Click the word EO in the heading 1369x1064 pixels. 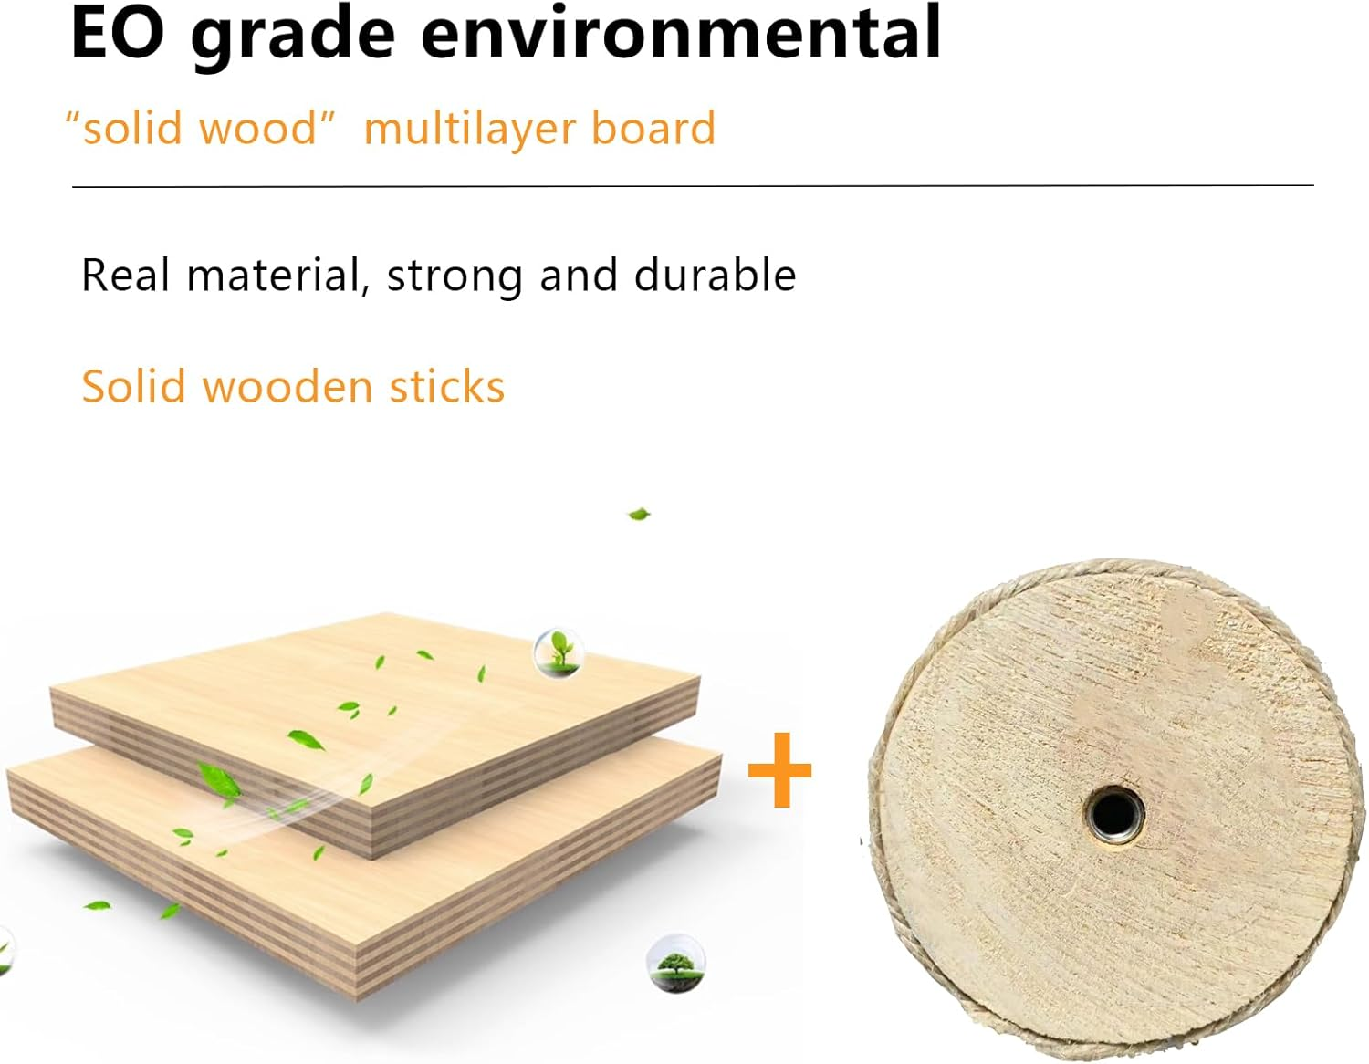click(118, 33)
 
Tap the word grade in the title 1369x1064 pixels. click(292, 35)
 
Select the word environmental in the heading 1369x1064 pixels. click(680, 33)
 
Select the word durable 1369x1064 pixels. click(715, 275)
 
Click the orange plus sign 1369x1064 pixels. click(779, 771)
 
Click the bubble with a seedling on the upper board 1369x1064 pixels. click(558, 651)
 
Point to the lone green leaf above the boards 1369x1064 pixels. click(640, 514)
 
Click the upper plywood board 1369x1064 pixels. click(383, 694)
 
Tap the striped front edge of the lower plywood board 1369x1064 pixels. click(183, 876)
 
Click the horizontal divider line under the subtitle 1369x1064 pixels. click(693, 186)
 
